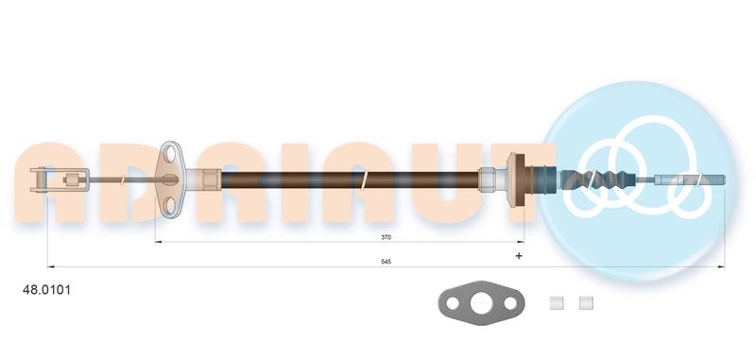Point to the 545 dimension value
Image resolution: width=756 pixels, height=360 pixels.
coord(385,261)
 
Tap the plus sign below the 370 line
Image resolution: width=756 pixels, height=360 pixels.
coord(518,256)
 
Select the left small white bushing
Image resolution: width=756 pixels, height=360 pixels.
coord(557,303)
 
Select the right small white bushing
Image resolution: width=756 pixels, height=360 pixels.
coord(586,303)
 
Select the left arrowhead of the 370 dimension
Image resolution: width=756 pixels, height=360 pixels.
coord(158,243)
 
